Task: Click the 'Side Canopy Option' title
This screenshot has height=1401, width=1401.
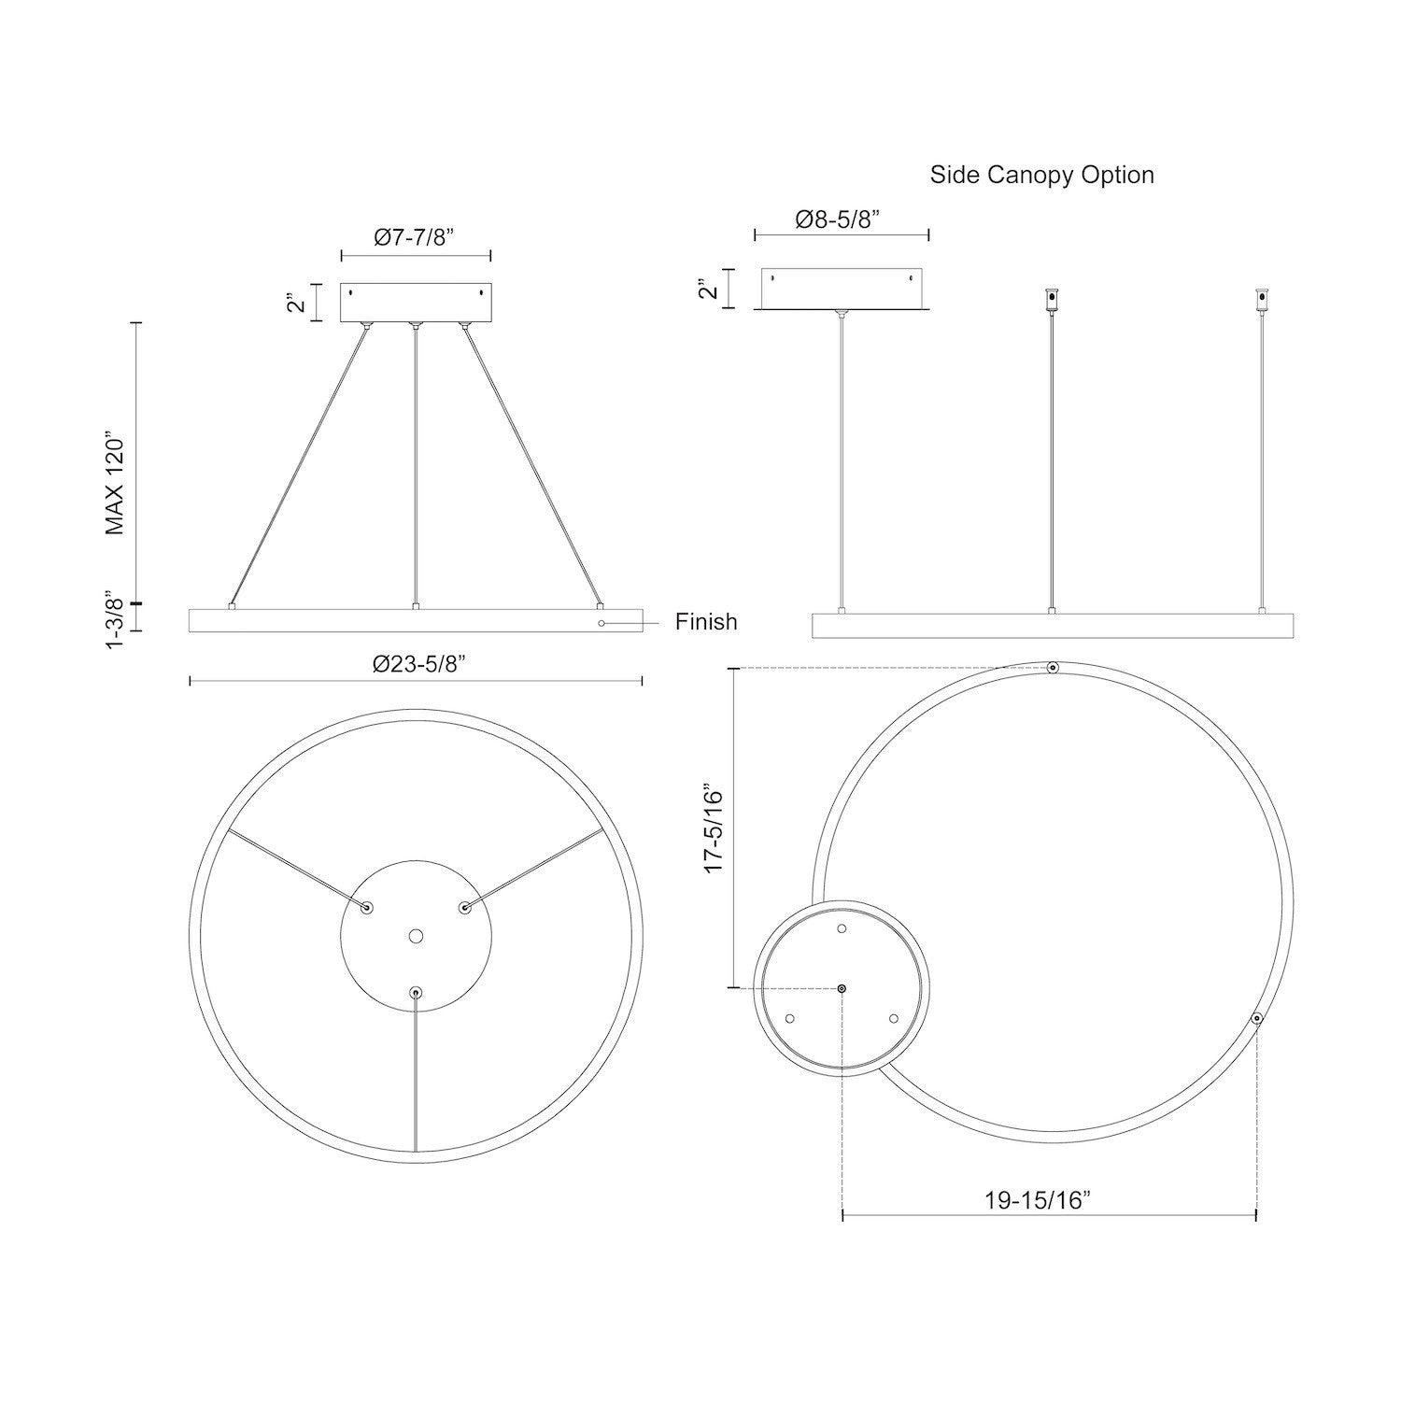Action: click(1041, 175)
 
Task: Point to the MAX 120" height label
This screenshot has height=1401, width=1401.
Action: click(115, 483)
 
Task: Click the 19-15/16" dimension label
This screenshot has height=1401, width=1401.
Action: click(1038, 1200)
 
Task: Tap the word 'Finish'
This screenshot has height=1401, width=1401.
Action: click(706, 622)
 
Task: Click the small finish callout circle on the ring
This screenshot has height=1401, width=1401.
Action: click(602, 622)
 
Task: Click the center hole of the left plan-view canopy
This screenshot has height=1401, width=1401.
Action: click(416, 935)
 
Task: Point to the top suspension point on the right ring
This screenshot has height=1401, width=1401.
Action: click(1053, 668)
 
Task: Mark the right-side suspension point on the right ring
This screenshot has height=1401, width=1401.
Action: click(1257, 1018)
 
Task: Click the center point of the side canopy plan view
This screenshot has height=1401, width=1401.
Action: click(842, 988)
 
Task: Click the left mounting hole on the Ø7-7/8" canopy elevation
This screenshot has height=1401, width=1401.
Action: click(351, 292)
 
